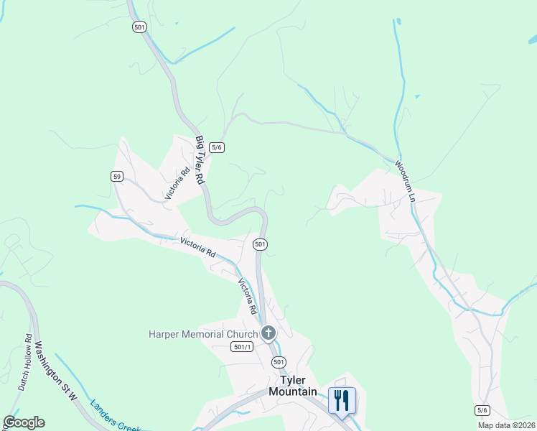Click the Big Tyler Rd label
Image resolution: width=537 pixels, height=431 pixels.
201,159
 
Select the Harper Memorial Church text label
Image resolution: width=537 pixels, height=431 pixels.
202,334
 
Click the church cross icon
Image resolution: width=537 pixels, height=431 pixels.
268,333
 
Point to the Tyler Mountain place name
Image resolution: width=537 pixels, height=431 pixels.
292,386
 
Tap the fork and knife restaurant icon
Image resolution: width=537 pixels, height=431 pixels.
342,399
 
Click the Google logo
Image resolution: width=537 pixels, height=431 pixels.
24,422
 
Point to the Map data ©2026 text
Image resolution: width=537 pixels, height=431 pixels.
506,425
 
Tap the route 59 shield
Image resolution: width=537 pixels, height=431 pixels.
117,176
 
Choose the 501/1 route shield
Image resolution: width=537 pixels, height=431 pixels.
243,347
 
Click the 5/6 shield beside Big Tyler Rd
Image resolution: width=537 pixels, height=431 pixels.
217,147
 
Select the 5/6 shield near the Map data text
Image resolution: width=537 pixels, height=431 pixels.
482,410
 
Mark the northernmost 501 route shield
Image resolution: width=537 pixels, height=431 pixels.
139,27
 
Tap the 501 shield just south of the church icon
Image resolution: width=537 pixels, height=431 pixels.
279,362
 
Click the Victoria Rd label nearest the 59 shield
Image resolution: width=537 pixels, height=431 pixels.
177,182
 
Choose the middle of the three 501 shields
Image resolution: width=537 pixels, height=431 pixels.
261,245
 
